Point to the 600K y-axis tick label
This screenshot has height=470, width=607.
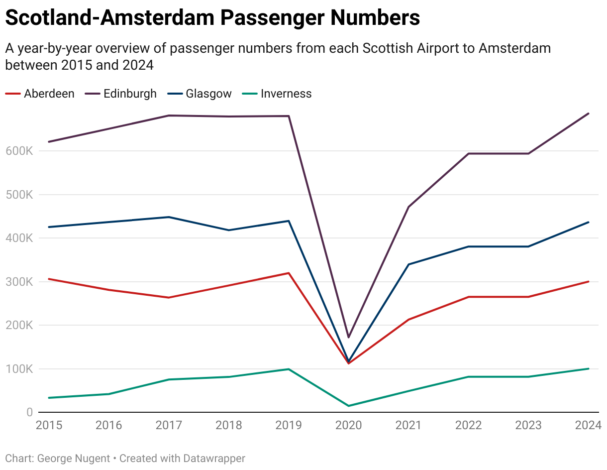click(x=19, y=151)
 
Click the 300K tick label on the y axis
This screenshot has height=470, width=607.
click(x=19, y=282)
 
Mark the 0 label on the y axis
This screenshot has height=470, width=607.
click(x=30, y=412)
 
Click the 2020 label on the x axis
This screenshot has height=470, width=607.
click(x=348, y=425)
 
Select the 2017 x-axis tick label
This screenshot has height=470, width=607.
click(x=169, y=425)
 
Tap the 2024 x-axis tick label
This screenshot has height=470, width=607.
click(x=588, y=425)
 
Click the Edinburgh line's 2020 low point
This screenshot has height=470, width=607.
click(x=348, y=338)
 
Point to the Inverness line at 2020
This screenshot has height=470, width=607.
click(x=348, y=406)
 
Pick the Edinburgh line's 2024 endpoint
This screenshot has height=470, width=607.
click(x=589, y=114)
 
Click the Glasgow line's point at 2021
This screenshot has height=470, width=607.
click(x=408, y=264)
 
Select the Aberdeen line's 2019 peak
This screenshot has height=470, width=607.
click(x=289, y=273)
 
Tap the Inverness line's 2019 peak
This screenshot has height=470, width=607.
click(x=289, y=369)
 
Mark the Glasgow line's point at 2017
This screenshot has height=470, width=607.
click(x=169, y=217)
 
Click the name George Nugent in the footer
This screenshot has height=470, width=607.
click(x=74, y=459)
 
